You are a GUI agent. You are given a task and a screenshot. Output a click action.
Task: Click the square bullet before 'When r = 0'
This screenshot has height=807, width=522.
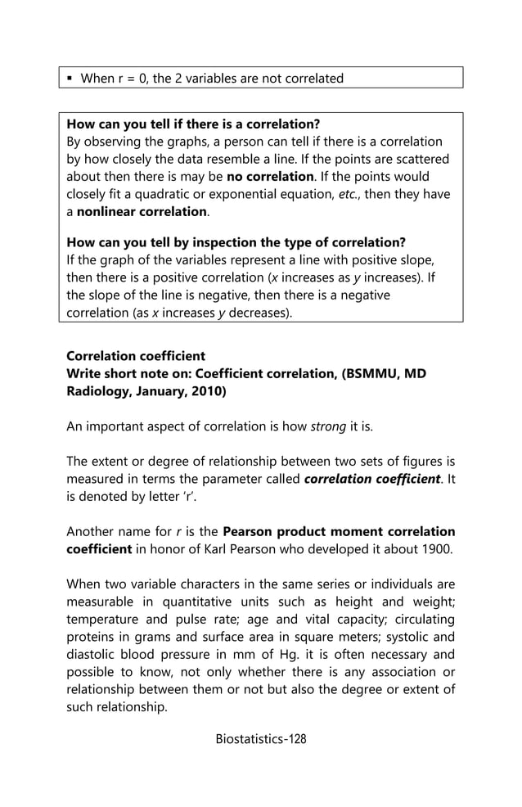[70, 79]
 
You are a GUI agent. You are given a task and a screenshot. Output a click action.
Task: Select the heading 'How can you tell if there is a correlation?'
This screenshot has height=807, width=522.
[192, 124]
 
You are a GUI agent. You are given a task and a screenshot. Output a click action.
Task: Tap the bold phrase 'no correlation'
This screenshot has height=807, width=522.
[270, 177]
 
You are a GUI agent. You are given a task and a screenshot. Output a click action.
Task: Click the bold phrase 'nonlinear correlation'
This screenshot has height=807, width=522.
[141, 211]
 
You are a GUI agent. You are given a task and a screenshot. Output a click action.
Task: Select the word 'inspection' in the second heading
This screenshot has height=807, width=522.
[236, 242]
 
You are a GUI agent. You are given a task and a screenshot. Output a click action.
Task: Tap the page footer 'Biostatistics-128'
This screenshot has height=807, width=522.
[260, 739]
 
